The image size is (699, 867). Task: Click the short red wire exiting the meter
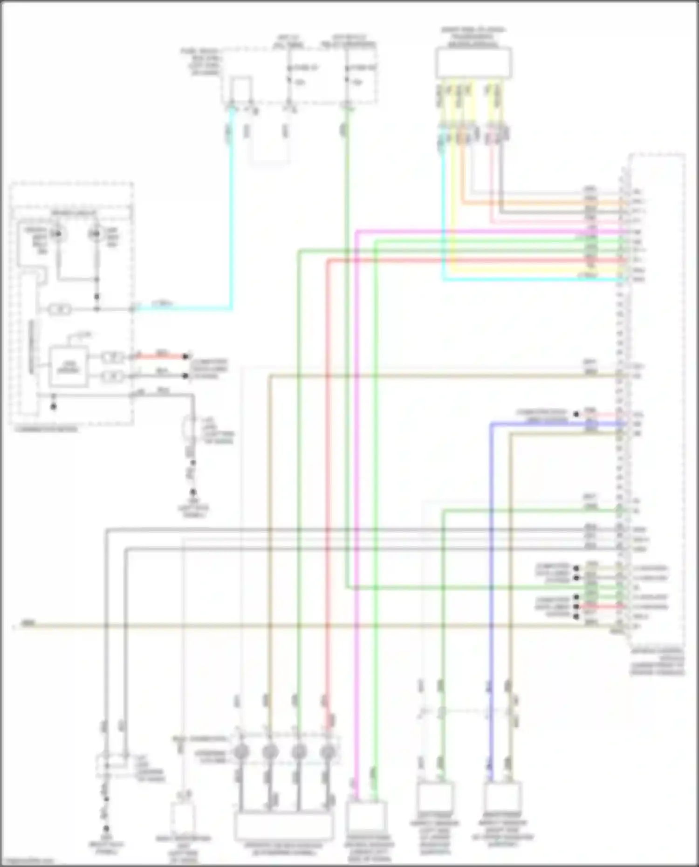[x=161, y=356]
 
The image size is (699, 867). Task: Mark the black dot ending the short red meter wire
[x=186, y=357]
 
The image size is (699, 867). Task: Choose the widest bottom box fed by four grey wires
[x=284, y=826]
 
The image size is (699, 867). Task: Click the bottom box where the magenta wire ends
[x=366, y=817]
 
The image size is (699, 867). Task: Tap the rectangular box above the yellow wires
[x=473, y=62]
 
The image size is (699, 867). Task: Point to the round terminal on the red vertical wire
[x=329, y=751]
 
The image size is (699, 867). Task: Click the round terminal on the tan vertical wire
[x=270, y=751]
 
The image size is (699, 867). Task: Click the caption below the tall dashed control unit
[x=657, y=662]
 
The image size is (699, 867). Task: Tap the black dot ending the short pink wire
[x=576, y=414]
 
